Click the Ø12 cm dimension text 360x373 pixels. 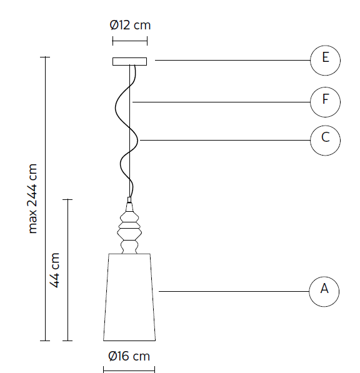[130, 25]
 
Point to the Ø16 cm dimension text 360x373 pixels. [129, 356]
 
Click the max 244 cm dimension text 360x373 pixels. [32, 199]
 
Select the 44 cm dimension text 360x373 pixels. [54, 271]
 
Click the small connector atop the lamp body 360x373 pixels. [129, 199]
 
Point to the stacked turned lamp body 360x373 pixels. [129, 228]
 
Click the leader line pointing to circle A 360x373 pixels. [234, 291]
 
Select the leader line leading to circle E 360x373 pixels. [232, 60]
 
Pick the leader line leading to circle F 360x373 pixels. [221, 102]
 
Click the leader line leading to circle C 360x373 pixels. [225, 141]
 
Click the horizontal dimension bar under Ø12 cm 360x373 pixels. [130, 41]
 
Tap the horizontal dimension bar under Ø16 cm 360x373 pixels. [129, 371]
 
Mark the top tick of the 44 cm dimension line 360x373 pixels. [67, 199]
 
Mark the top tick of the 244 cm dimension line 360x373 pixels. [45, 57]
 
